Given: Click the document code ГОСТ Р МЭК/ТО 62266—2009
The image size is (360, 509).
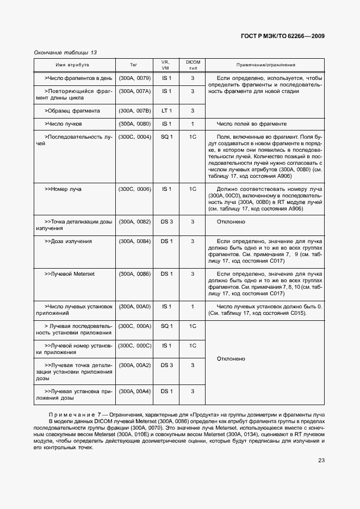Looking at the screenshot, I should [x=283, y=36].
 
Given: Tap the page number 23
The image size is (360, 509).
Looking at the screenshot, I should [x=321, y=461].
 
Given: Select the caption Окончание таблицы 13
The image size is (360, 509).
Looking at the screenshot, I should [x=65, y=53].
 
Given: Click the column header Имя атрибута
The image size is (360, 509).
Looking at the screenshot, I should [x=74, y=65].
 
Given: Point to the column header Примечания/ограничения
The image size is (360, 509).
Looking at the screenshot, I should [x=265, y=65].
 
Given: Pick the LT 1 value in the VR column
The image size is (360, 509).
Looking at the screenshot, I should [x=166, y=110].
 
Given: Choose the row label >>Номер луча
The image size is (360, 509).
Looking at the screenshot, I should [x=63, y=189].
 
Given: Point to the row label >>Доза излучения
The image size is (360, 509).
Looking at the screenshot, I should [x=68, y=241].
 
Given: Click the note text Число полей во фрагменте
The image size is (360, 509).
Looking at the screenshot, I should [x=251, y=124].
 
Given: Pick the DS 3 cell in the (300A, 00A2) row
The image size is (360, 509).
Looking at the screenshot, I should [x=166, y=365].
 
